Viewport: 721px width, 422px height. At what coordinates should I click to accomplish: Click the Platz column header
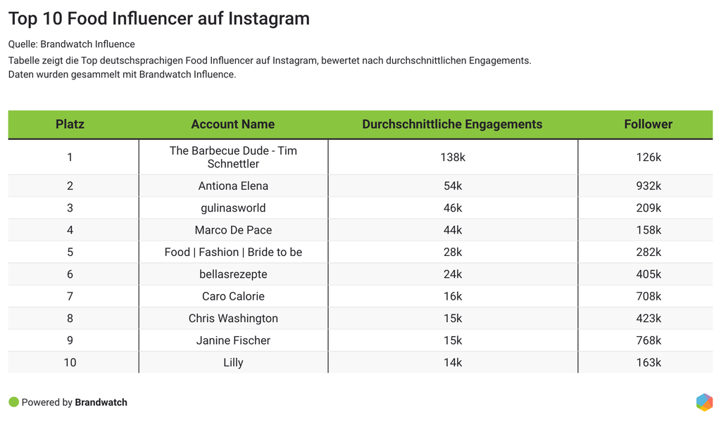tap(70, 124)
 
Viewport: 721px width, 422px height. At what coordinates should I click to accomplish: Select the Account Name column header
tap(233, 124)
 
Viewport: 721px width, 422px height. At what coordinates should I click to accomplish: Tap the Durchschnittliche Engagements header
tap(452, 124)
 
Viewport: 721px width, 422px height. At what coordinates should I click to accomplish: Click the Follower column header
tap(648, 124)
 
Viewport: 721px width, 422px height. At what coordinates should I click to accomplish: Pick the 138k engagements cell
tap(453, 158)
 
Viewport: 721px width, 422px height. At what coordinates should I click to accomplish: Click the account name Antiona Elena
tap(233, 186)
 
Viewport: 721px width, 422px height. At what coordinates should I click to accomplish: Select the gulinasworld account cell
tap(233, 208)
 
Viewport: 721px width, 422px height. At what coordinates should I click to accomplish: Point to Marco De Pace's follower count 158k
tap(648, 230)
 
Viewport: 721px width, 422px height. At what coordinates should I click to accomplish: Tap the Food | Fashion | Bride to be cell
tap(233, 252)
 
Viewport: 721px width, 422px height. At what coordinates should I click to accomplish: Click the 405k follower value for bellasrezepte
tap(648, 274)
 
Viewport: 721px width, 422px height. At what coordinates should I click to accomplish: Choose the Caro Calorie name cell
tap(233, 296)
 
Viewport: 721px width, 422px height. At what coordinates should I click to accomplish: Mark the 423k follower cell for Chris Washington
tap(648, 319)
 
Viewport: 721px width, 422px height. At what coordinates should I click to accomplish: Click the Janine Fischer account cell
tap(233, 340)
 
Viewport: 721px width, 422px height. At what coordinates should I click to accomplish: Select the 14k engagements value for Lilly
tap(453, 363)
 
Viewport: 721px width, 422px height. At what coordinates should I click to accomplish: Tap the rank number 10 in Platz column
tap(70, 363)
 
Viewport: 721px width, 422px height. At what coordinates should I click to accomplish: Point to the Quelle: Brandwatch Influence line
tap(71, 44)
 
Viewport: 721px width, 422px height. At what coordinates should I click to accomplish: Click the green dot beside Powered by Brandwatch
tap(13, 402)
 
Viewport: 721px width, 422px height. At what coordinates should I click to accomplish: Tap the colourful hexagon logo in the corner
tap(704, 402)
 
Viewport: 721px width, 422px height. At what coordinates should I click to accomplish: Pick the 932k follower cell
tap(648, 186)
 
